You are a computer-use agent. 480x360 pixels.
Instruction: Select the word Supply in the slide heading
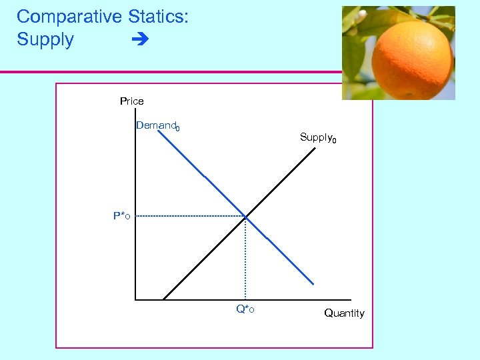pos(45,39)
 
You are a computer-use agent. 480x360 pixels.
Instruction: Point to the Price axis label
pos(131,101)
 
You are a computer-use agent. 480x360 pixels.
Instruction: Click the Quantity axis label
pos(344,313)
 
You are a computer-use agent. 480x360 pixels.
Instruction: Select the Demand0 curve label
pos(157,125)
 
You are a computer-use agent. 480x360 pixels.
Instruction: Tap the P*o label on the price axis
pos(121,216)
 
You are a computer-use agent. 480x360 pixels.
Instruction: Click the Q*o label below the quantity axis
pos(245,309)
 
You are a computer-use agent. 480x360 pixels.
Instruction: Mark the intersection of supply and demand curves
pos(245,217)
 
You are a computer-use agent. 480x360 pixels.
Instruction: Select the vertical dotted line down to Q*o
pos(245,260)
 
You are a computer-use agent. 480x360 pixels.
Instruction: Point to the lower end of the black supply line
pos(164,299)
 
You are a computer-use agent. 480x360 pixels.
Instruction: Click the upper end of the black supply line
pos(315,148)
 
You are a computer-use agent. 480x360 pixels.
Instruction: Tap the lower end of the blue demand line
pos(313,284)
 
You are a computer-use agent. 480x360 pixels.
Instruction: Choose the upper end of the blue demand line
pos(159,131)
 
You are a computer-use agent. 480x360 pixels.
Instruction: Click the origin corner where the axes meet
pos(135,300)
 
